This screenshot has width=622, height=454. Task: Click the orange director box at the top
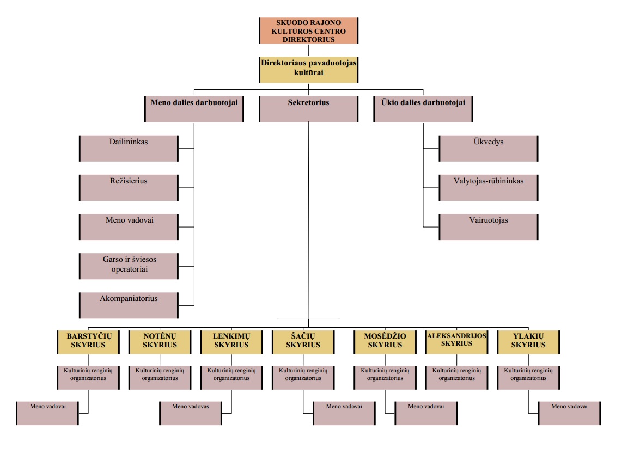coord(308,30)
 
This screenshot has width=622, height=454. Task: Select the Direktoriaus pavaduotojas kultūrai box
coord(308,69)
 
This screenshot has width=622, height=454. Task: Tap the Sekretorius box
coord(308,109)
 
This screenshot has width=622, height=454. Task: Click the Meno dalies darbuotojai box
coord(194,109)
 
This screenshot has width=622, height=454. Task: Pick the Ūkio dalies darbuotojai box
coord(423,109)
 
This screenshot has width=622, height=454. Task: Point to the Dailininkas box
coord(129,148)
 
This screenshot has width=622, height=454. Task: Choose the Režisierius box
coord(129,187)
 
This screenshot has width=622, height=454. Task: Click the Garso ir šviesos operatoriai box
coord(129,266)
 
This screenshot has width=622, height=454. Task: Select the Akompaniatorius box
coord(129,305)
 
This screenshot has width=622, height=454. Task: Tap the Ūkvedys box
coord(489,148)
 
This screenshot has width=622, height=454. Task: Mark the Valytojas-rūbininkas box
coord(489,187)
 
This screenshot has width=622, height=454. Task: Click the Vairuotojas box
coord(489,226)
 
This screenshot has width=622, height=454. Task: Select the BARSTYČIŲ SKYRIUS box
coord(88,341)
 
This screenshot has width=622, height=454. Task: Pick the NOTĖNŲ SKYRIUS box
coord(160,341)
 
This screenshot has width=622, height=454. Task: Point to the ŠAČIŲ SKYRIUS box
coord(303,341)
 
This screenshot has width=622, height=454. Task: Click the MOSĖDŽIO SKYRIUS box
coord(385,341)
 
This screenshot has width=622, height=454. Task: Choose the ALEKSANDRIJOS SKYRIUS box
coord(456,341)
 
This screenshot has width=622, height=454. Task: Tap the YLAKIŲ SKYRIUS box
coord(528,341)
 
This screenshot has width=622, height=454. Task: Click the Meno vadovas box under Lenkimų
coord(191,413)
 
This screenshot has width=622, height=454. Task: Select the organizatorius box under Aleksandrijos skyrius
coord(456,377)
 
